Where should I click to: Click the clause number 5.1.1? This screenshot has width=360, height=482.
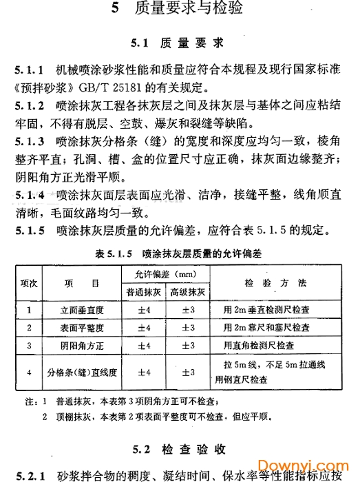pos(29,71)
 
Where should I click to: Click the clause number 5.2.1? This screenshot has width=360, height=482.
pos(29,474)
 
